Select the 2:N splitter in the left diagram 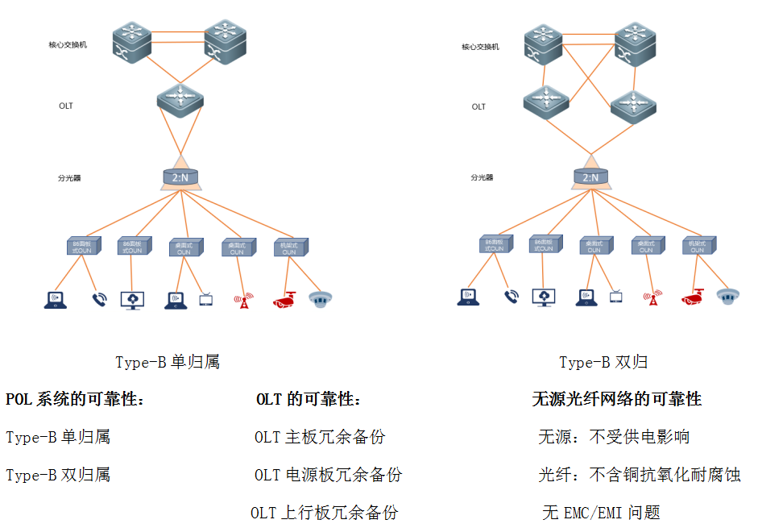(x=180, y=177)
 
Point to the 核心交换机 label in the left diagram (x=68, y=45)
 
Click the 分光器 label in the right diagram (x=482, y=177)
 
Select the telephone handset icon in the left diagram (x=99, y=300)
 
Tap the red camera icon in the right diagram (x=694, y=298)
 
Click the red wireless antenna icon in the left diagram (x=240, y=301)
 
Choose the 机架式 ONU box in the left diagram (x=289, y=247)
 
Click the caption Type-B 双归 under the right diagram (x=603, y=363)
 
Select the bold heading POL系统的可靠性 (x=75, y=399)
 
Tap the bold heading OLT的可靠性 (x=309, y=399)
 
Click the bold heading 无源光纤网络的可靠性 (x=616, y=399)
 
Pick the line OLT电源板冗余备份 (x=328, y=475)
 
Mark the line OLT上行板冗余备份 (x=324, y=513)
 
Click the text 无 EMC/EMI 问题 (x=601, y=513)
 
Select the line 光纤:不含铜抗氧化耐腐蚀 (x=639, y=475)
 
